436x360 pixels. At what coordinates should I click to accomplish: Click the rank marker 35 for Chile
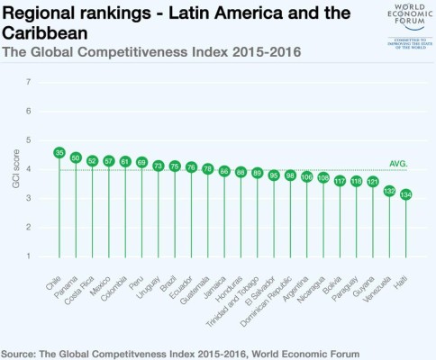[x=59, y=153]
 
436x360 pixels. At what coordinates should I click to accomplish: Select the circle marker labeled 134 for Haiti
[x=405, y=194]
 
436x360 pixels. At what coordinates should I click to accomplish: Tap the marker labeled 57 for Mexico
[x=108, y=161]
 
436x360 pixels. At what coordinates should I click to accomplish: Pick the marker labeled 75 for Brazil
[x=174, y=166]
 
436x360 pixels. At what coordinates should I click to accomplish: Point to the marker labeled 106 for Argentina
[x=307, y=176]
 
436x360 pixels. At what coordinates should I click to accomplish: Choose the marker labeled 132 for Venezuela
[x=389, y=191]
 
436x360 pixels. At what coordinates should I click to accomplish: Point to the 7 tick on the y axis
[x=39, y=82]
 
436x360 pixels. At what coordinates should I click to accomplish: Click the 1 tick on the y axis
[x=39, y=256]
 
